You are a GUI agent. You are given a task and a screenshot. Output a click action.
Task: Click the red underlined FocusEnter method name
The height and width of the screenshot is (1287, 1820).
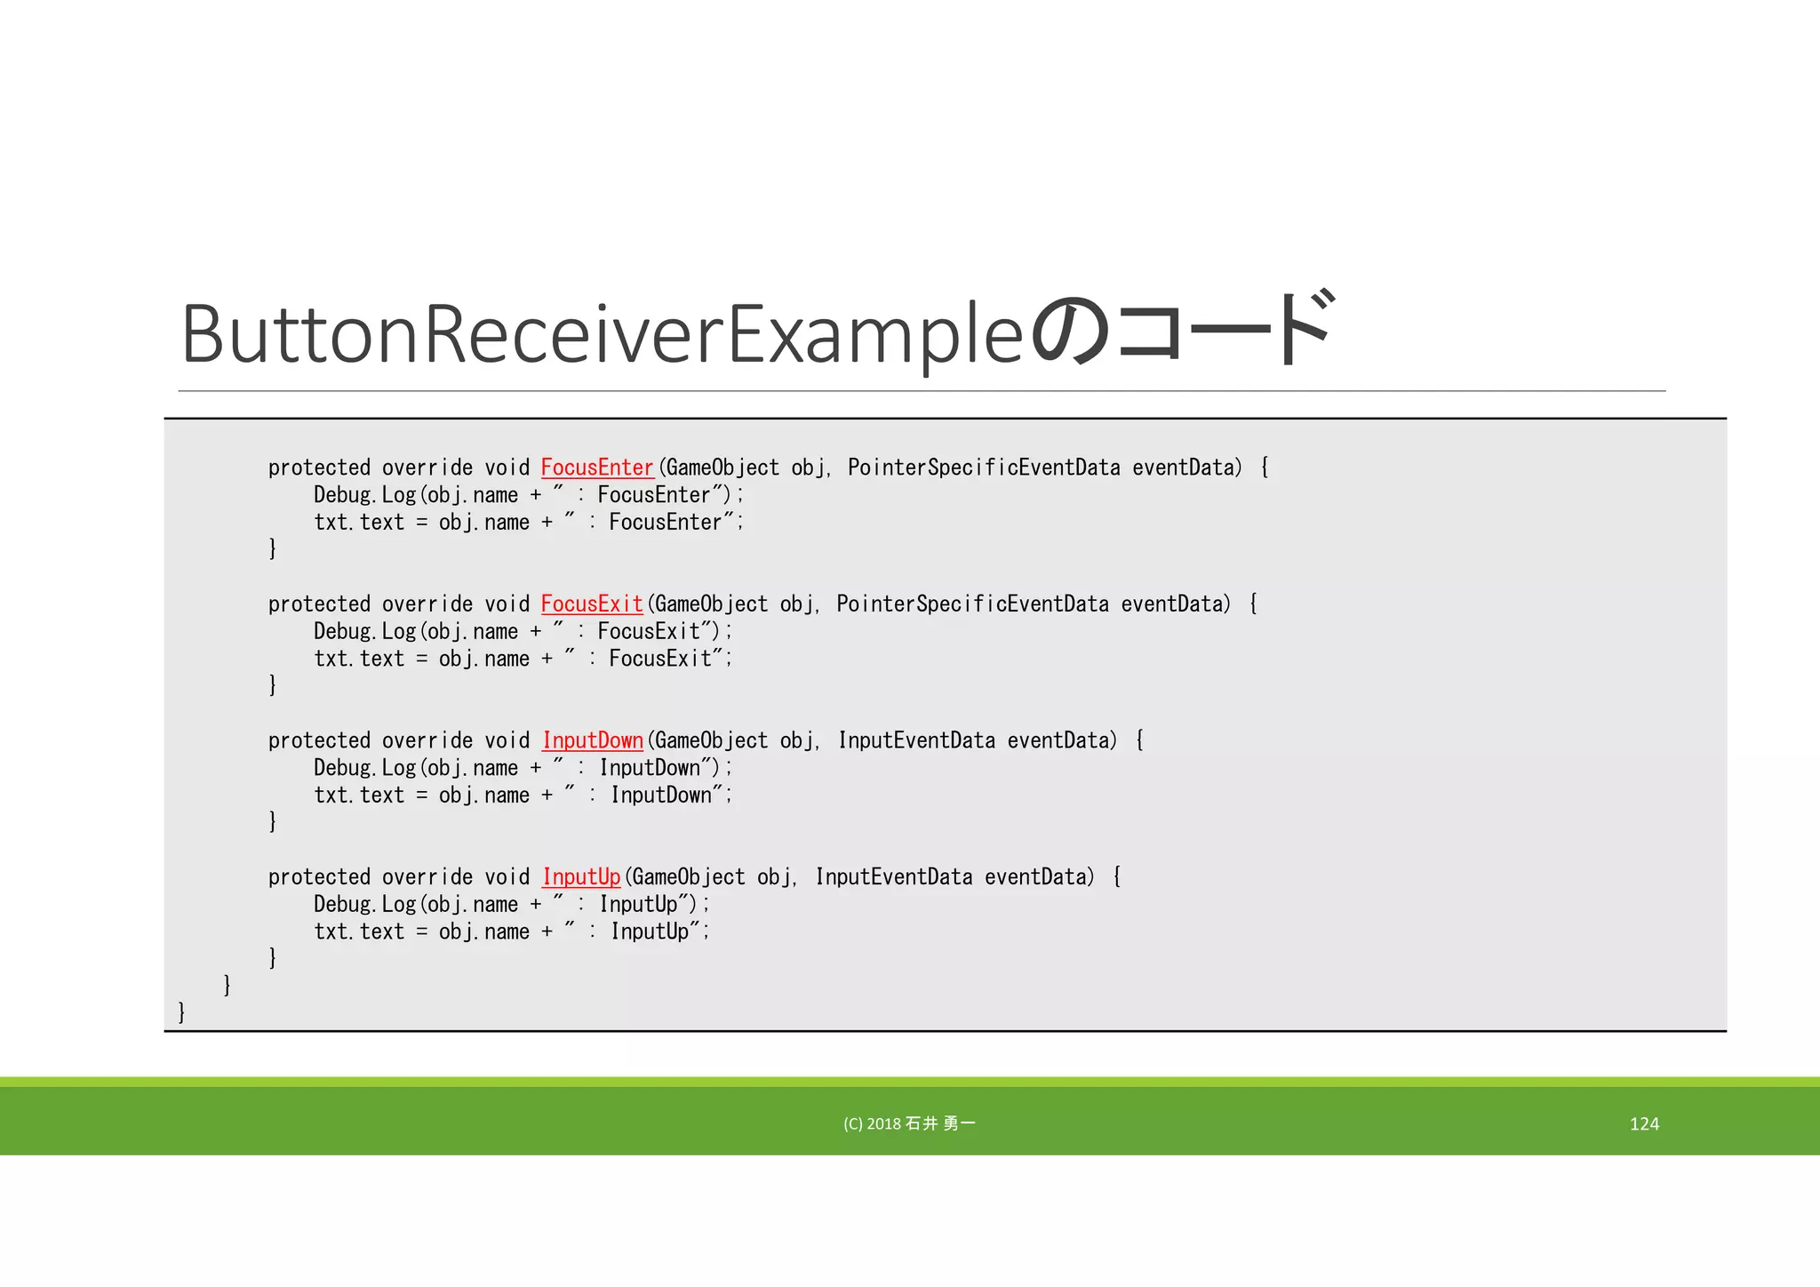[597, 468]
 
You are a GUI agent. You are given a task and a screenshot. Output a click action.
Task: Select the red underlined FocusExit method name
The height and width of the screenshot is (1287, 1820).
[592, 604]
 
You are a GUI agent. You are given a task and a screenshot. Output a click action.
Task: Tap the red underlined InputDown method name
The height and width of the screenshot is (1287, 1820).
[593, 740]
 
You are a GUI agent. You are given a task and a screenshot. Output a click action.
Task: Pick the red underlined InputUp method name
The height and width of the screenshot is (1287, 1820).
[581, 877]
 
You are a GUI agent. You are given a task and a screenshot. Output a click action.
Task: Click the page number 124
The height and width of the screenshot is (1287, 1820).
[1644, 1123]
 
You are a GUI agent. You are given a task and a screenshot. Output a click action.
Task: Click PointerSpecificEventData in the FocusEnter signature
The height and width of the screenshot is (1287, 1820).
[984, 468]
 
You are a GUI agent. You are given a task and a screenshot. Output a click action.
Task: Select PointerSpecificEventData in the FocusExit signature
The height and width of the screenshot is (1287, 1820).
[972, 604]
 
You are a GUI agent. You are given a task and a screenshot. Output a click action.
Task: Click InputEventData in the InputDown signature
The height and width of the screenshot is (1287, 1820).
[916, 740]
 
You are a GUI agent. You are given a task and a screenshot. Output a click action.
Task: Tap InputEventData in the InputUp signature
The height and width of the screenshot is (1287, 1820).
[894, 877]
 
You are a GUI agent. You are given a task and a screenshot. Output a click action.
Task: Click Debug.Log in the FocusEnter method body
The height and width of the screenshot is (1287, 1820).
[364, 495]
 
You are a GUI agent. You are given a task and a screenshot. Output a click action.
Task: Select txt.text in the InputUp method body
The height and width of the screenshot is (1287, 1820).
[359, 931]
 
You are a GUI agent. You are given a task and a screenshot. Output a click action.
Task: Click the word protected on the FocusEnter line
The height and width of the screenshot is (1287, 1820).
[319, 468]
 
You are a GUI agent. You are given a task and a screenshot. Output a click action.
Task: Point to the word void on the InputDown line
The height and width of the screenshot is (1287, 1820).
[507, 740]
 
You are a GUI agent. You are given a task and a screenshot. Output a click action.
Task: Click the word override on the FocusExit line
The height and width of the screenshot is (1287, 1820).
[427, 604]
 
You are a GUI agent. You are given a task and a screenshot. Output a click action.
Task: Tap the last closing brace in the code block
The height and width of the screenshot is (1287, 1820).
[181, 1011]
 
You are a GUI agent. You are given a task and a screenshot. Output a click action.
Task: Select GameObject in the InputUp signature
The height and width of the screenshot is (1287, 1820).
[689, 877]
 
